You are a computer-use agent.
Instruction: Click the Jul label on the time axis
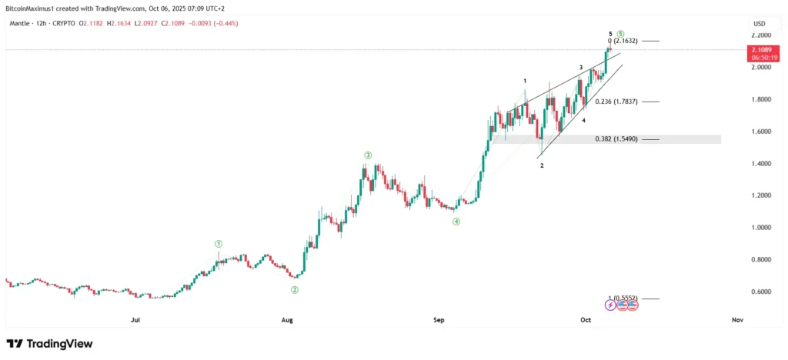[135, 318]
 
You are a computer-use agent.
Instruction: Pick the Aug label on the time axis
[287, 318]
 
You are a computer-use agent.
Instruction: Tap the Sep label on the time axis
[439, 318]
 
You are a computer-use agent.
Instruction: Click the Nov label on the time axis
[736, 318]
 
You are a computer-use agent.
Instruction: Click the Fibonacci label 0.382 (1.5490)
[616, 139]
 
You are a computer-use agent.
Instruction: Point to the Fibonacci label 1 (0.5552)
[623, 298]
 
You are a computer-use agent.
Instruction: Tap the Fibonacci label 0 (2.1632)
[623, 41]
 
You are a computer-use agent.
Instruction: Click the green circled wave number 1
[219, 244]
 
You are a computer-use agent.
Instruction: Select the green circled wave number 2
[295, 290]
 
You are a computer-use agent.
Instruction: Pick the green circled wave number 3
[368, 155]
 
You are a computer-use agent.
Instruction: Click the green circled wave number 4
[456, 222]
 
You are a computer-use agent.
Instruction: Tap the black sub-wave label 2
[542, 165]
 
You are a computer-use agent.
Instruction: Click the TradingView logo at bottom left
[49, 344]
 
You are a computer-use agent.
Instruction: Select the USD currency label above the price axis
[757, 23]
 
